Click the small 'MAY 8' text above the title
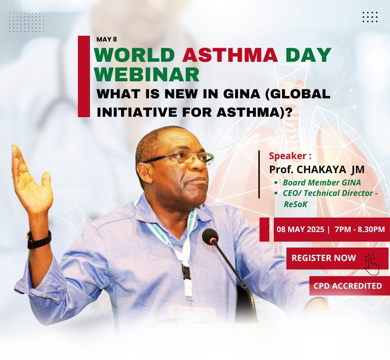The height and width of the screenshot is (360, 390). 107,39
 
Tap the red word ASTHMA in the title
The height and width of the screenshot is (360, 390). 230,55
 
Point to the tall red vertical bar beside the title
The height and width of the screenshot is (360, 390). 84,76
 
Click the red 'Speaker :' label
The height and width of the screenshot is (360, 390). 290,156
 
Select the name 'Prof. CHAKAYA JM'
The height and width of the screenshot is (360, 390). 317,170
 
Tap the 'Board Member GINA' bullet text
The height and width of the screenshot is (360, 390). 322,183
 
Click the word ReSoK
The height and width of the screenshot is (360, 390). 296,204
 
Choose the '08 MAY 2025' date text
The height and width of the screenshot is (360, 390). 300,229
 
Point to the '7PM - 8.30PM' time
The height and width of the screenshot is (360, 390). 360,229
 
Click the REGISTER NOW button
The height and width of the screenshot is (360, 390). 337,258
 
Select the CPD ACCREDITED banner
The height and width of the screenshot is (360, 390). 350,286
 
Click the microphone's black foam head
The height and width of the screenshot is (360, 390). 210,237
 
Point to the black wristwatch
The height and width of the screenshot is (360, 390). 39,240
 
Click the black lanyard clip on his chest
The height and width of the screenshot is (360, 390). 186,272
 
